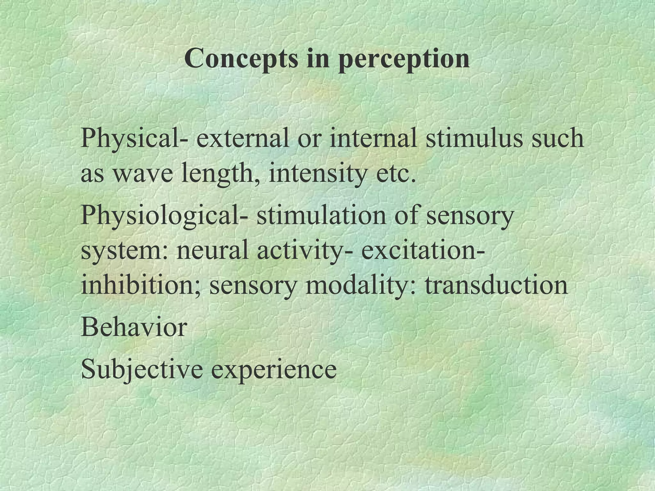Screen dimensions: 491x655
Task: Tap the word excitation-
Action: click(x=422, y=250)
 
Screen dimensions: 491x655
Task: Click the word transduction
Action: click(x=496, y=285)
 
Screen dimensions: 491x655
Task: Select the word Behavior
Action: click(x=134, y=328)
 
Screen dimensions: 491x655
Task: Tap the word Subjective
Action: click(x=142, y=370)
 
